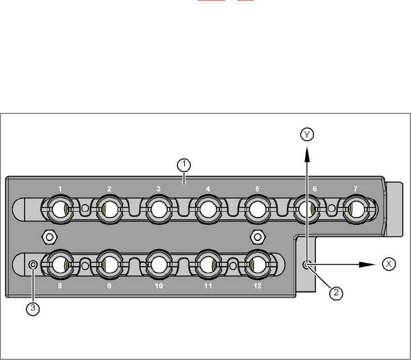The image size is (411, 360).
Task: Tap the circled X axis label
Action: coord(388,264)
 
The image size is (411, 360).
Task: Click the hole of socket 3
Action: coord(158,209)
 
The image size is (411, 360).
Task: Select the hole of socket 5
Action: coord(257,209)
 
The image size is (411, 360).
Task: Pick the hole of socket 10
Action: coord(158,265)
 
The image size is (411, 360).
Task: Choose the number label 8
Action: coord(59,286)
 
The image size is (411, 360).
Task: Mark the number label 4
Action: coord(208,189)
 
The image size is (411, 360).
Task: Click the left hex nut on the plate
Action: coord(48,237)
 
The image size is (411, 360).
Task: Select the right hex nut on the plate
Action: coord(258,237)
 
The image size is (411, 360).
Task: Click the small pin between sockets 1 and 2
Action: coord(85,209)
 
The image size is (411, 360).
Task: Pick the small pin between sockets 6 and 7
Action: coord(331,209)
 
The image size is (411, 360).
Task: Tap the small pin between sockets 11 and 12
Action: coord(233,265)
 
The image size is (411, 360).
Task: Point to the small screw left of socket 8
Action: coord(33,264)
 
